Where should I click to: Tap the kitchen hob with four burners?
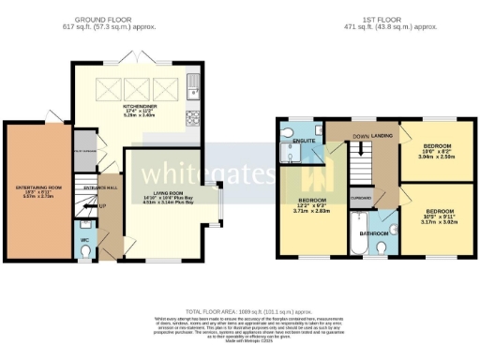(194, 118)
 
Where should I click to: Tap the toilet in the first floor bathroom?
(382, 246)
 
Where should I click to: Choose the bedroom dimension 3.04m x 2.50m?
(437, 159)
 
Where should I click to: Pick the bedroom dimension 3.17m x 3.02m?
(436, 222)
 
